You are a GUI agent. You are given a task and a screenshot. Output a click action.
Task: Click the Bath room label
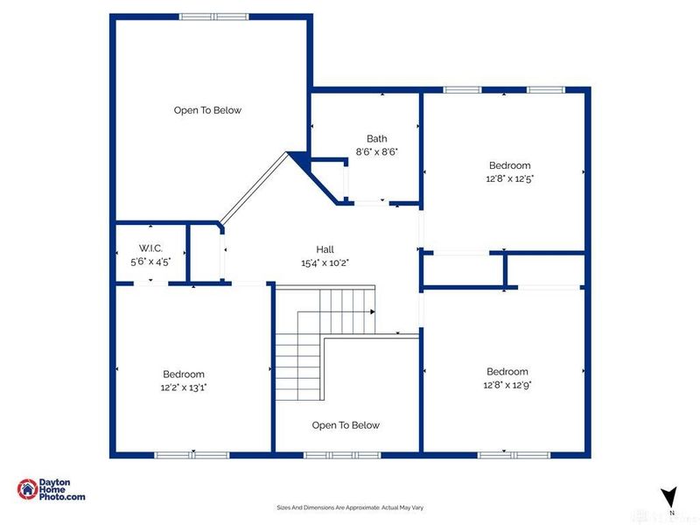pyautogui.click(x=376, y=138)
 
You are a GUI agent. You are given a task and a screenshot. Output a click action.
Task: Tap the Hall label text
pyautogui.click(x=325, y=248)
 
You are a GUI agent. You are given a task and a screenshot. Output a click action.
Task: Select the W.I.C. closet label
pyautogui.click(x=150, y=248)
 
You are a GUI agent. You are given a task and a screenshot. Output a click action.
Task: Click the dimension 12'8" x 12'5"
pyautogui.click(x=509, y=178)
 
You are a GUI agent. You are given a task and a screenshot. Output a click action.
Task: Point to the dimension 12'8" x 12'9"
pyautogui.click(x=507, y=383)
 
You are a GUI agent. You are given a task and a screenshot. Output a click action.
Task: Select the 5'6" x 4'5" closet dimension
pyautogui.click(x=150, y=261)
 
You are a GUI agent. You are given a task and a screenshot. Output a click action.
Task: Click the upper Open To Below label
pyautogui.click(x=207, y=110)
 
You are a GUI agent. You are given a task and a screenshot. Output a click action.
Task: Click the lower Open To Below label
pyautogui.click(x=346, y=425)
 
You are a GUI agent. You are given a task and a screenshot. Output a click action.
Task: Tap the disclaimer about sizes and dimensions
pyautogui.click(x=349, y=507)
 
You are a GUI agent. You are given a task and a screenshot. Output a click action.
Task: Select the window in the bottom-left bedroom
pyautogui.click(x=192, y=454)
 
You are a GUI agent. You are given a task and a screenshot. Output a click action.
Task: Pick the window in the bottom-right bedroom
pyautogui.click(x=514, y=454)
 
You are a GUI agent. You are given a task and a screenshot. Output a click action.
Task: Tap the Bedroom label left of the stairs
pyautogui.click(x=182, y=374)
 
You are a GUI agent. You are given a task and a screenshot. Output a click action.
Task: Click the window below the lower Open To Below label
pyautogui.click(x=342, y=454)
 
